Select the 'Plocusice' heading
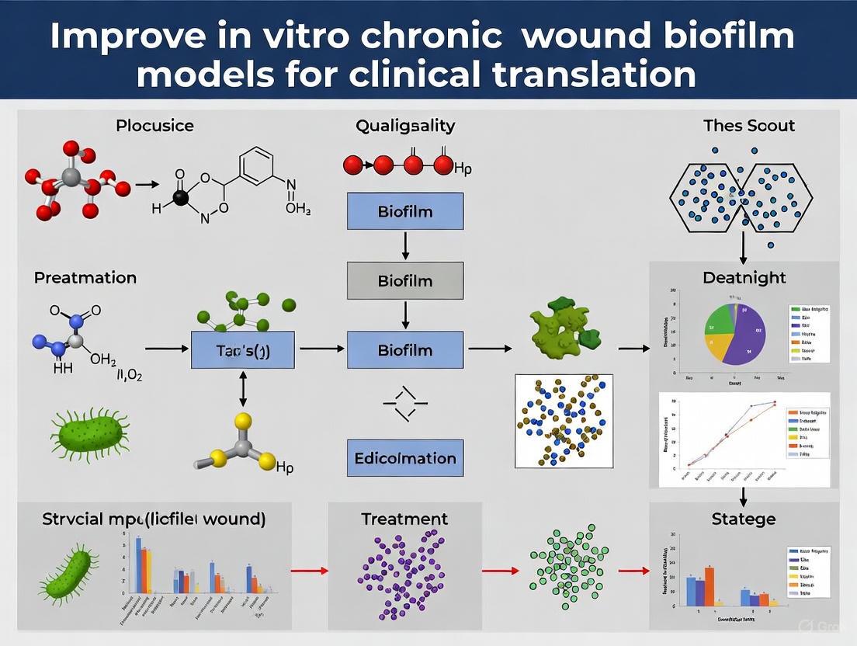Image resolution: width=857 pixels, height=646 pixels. coord(154,125)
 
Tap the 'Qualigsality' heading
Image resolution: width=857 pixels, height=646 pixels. coord(405,125)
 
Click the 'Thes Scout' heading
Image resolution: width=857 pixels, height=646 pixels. coord(749,125)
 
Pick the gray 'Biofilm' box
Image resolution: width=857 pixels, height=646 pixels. coord(404,280)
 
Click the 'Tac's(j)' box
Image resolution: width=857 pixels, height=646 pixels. coord(243,349)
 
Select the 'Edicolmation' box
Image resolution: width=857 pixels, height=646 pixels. coord(404,457)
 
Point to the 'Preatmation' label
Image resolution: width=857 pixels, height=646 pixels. coord(85,277)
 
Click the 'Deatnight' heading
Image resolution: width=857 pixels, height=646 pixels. coord(744,277)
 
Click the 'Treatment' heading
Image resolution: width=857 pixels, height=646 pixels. coord(404,519)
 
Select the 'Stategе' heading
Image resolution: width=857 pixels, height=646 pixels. coord(743,519)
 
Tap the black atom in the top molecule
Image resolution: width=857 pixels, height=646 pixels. coord(181,198)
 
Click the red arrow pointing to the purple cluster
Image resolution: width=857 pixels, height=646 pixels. coord(311,571)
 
